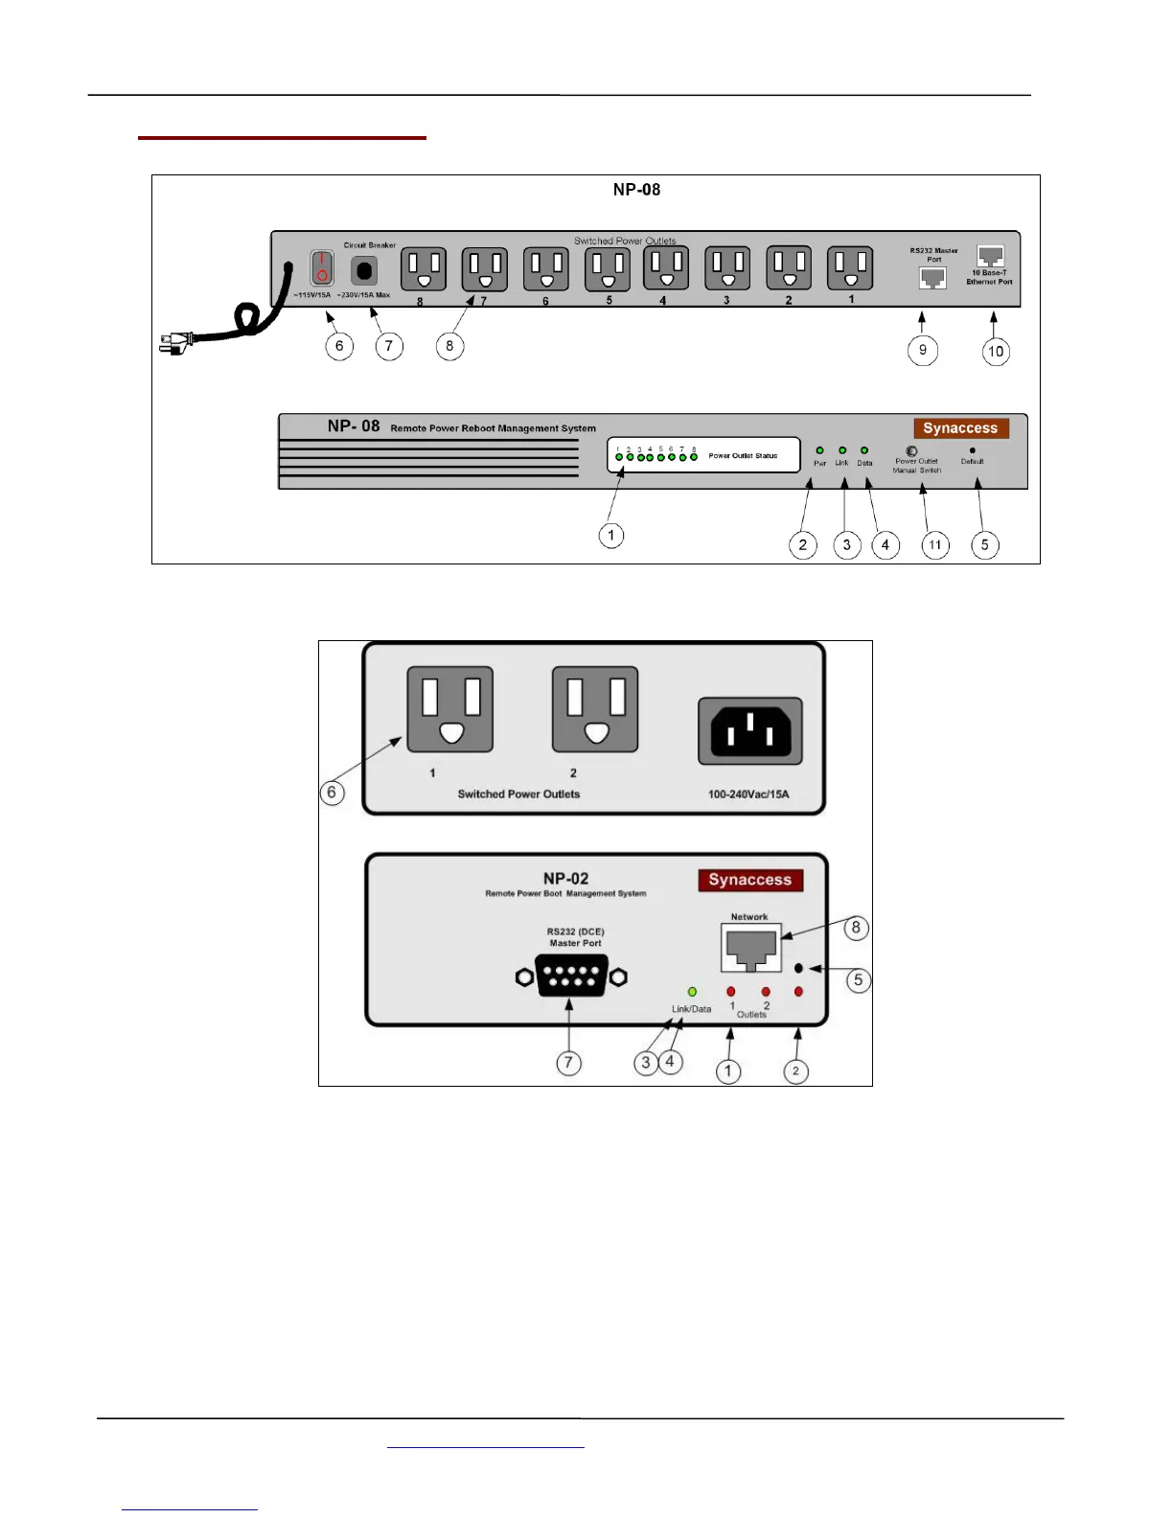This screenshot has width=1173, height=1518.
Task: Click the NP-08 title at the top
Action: point(636,190)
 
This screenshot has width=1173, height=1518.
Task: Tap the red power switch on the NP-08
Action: point(322,268)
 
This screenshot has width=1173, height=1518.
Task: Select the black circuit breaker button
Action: point(364,269)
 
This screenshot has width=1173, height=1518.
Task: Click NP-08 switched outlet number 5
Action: point(608,269)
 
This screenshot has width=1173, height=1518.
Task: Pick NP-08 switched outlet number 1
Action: point(850,268)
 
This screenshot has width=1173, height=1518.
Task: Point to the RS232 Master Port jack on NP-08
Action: point(932,277)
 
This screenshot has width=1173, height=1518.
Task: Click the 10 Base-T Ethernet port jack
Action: point(990,256)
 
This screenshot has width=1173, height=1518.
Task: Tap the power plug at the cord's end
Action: point(177,342)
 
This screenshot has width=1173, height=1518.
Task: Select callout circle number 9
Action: point(923,350)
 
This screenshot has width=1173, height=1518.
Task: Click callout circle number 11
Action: point(935,545)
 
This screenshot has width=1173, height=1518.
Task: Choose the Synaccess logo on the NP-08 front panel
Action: point(960,428)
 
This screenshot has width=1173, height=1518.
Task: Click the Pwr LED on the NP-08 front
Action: point(819,450)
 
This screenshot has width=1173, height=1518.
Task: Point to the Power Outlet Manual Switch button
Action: point(911,450)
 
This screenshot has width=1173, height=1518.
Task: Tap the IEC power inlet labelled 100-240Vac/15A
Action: point(749,731)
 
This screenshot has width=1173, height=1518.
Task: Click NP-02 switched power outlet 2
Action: point(595,709)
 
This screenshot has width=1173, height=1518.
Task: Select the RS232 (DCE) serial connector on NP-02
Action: point(572,976)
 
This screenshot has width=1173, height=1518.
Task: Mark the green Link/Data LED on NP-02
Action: point(692,992)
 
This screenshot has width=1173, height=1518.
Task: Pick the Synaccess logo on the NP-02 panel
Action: point(749,880)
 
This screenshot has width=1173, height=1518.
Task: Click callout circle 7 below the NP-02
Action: point(569,1063)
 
